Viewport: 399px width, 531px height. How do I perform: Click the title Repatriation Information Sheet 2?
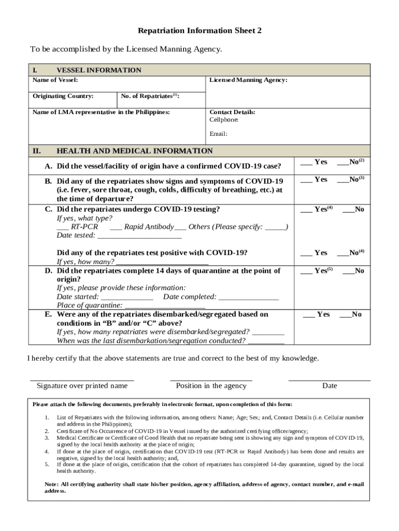(x=199, y=31)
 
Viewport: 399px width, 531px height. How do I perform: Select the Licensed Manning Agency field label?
(x=248, y=80)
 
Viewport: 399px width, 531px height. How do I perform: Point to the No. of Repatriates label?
(x=150, y=96)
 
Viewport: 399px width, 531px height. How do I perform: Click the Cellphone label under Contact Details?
(x=224, y=120)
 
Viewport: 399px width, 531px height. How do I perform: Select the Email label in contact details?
(x=218, y=134)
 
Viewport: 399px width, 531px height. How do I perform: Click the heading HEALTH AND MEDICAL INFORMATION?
(x=134, y=151)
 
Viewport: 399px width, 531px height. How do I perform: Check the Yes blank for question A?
(x=306, y=162)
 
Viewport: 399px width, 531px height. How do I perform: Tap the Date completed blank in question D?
(x=248, y=297)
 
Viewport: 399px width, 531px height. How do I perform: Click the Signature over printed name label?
(x=82, y=386)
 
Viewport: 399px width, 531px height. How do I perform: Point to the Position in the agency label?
(x=211, y=386)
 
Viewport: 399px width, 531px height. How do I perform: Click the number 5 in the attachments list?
(x=47, y=464)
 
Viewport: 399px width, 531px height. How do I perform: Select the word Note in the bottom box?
(x=51, y=484)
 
